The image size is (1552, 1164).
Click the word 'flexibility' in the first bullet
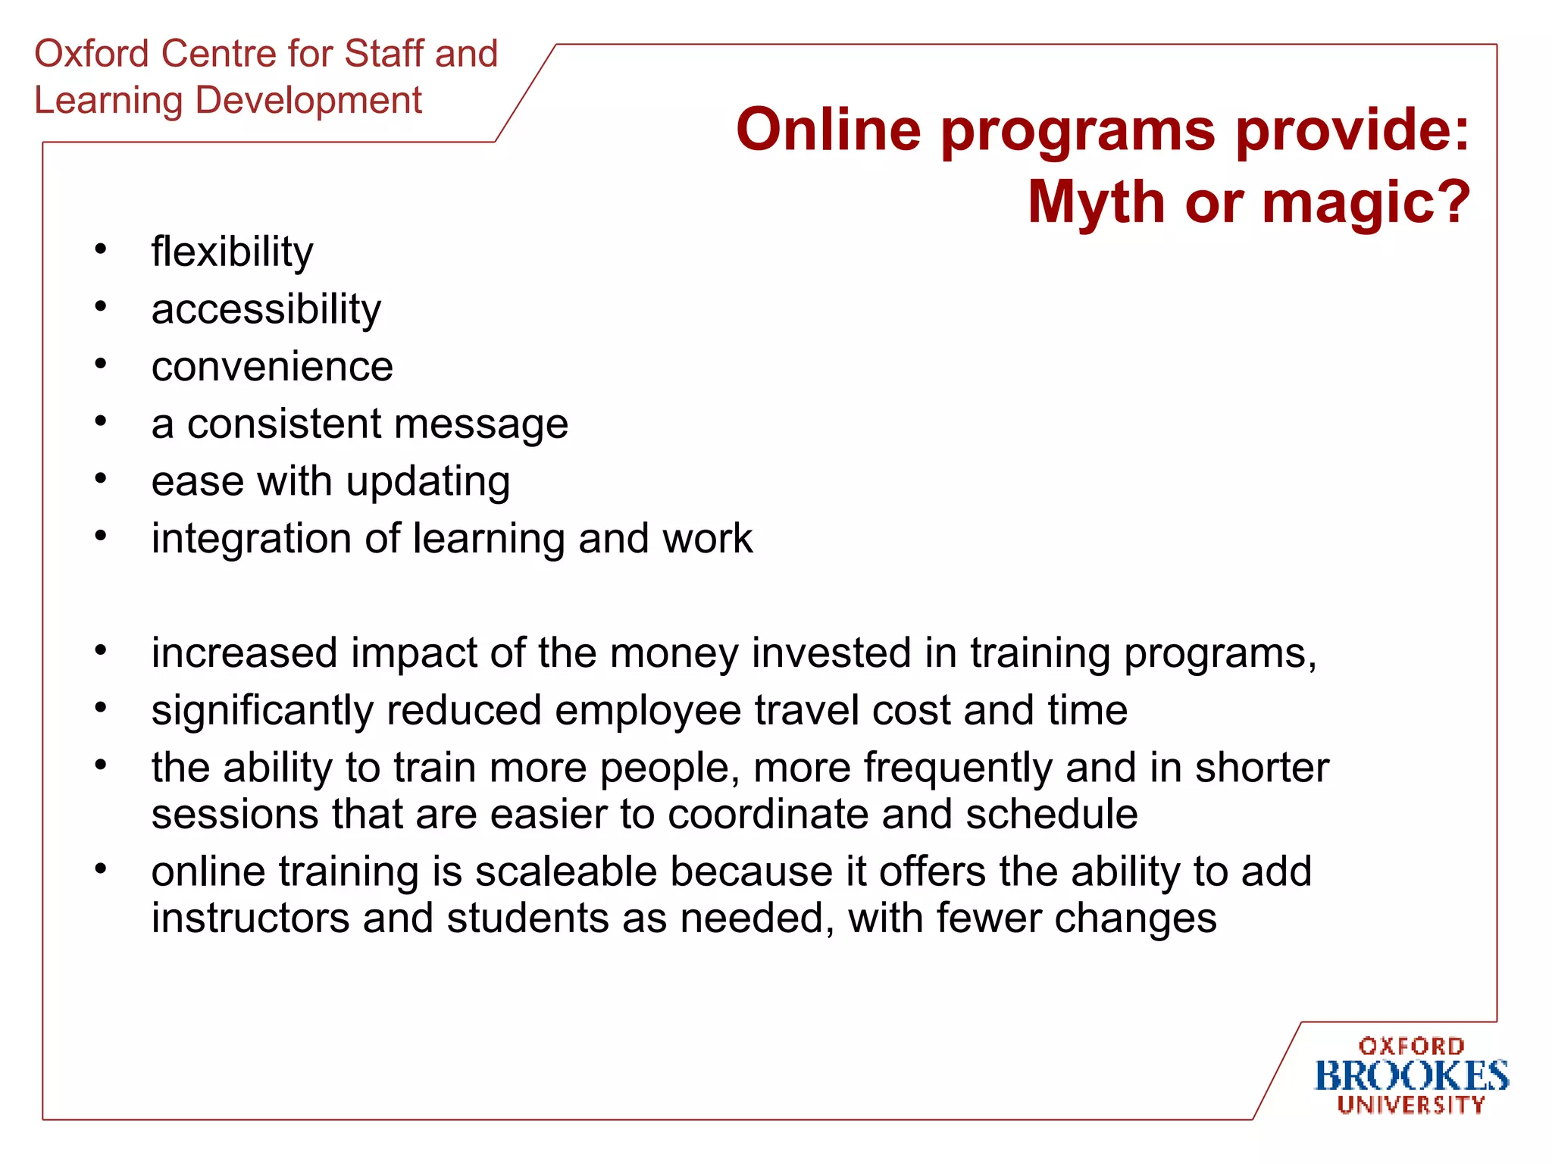click(x=232, y=252)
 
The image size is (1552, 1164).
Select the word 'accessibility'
click(x=266, y=310)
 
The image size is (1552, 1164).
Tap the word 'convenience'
click(x=272, y=367)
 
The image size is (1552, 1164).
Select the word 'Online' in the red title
click(x=828, y=130)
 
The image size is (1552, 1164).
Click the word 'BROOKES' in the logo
click(x=1411, y=1076)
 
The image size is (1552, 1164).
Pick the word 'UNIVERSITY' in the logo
click(x=1411, y=1105)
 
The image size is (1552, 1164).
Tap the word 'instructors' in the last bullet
click(x=250, y=918)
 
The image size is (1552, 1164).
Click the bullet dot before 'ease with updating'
click(x=101, y=479)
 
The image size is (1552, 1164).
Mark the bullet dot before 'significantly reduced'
click(x=101, y=708)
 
